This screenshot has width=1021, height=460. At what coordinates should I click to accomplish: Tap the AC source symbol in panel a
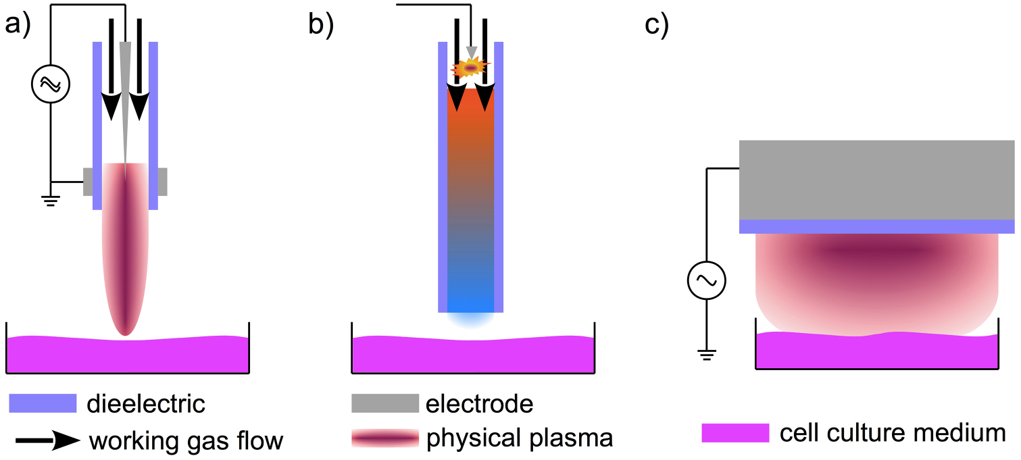pyautogui.click(x=51, y=84)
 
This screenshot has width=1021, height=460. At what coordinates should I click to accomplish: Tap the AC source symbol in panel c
pyautogui.click(x=706, y=280)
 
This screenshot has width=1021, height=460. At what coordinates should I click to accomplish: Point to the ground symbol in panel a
pyautogui.click(x=51, y=199)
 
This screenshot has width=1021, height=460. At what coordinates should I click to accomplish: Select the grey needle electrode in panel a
pyautogui.click(x=125, y=101)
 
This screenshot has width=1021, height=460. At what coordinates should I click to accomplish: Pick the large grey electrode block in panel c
pyautogui.click(x=876, y=180)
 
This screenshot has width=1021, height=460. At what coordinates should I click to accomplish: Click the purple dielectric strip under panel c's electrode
pyautogui.click(x=876, y=227)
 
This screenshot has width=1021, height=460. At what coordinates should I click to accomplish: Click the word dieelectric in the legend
pyautogui.click(x=146, y=405)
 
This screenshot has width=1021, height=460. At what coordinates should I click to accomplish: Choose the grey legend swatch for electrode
pyautogui.click(x=384, y=404)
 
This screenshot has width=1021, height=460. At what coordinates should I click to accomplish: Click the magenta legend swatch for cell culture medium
pyautogui.click(x=735, y=433)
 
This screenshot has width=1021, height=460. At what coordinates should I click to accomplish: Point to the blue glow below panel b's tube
pyautogui.click(x=470, y=318)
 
